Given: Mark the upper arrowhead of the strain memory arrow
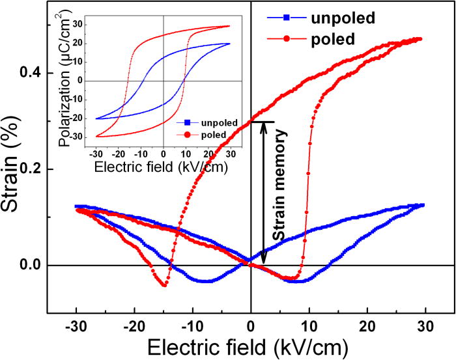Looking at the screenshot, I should point(263,125).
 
